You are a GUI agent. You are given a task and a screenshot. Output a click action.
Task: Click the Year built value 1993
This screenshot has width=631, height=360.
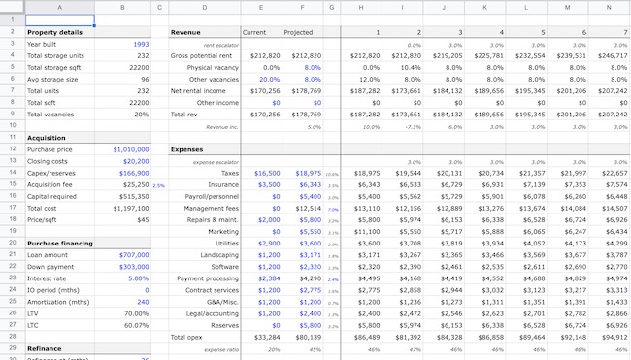pos(141,44)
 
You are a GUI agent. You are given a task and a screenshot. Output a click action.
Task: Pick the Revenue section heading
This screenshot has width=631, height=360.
pos(185,32)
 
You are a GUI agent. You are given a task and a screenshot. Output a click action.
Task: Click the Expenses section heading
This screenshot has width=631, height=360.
pos(188,149)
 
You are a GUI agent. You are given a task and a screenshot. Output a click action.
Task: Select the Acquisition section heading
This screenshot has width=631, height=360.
pos(47,138)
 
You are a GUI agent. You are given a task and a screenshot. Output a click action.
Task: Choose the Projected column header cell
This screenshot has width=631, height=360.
pos(298,32)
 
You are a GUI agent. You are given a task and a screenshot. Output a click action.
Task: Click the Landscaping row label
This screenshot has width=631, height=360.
pos(218,254)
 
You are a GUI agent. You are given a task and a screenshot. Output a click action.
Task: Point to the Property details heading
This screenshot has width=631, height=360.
pos(54,32)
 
